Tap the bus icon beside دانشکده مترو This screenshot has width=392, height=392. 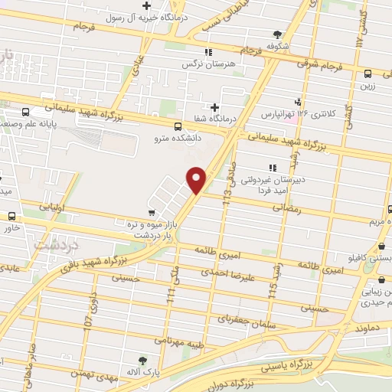tap(178, 127)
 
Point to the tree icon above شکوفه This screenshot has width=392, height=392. tap(276, 34)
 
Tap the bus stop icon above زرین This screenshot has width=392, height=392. tap(368, 74)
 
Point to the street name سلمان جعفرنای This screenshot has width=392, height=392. tap(243, 315)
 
